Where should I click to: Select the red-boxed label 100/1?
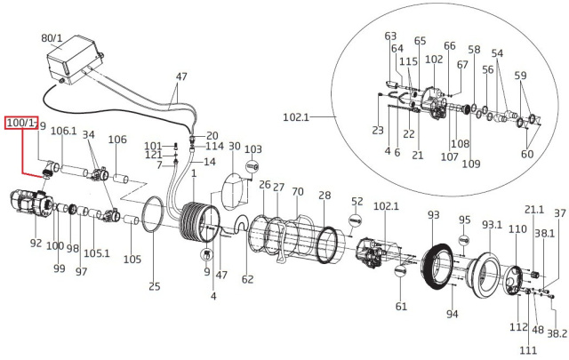tap(21, 123)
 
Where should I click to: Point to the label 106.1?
tap(63, 132)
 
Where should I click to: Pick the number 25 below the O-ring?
tap(154, 286)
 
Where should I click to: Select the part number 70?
tap(298, 191)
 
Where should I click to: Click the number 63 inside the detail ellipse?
tap(390, 36)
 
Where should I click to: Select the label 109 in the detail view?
tap(470, 164)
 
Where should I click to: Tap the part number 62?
tap(247, 279)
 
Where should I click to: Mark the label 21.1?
tap(533, 209)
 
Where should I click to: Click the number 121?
tap(153, 155)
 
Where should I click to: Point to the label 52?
tap(357, 201)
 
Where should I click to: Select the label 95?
tap(464, 220)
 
